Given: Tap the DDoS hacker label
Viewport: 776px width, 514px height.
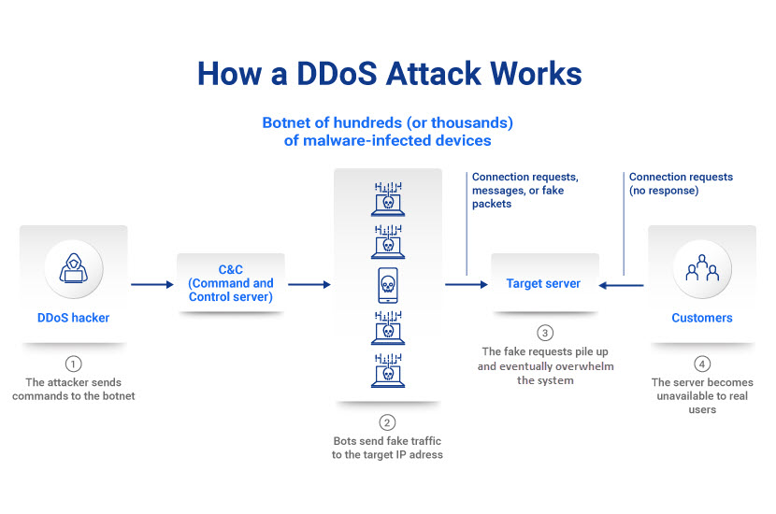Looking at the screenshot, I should click(x=73, y=318).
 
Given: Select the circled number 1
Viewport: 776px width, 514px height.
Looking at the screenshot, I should click(x=73, y=364).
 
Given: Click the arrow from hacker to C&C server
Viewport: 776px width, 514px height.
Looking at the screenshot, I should click(x=153, y=283).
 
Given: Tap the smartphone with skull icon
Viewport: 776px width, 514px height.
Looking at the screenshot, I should click(x=388, y=283).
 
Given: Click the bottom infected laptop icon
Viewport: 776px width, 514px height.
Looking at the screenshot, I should click(x=388, y=369).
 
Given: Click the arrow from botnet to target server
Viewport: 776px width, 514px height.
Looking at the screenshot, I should click(x=463, y=283).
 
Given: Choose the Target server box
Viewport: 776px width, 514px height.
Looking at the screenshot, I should click(x=543, y=283).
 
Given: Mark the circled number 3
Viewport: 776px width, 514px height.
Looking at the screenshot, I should click(x=545, y=333).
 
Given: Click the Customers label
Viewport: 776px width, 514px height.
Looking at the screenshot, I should click(x=701, y=318).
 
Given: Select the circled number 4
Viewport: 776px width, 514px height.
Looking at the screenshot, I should click(x=701, y=364).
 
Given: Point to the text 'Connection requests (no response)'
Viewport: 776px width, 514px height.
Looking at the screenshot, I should click(x=680, y=183).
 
